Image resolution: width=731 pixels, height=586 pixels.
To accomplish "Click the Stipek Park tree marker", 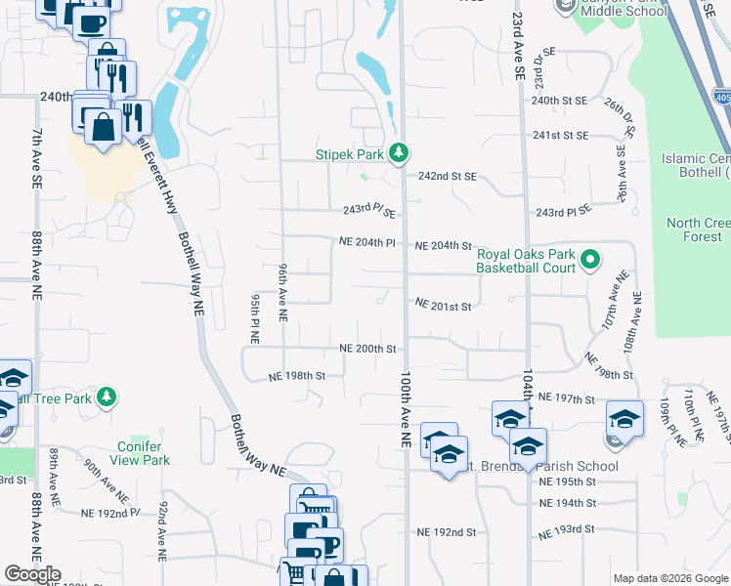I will [398, 152].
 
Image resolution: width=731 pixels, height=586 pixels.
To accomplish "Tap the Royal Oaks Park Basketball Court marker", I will [589, 260].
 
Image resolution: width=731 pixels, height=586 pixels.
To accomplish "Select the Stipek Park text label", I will [350, 153].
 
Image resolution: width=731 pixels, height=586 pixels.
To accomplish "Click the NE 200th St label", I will [367, 349].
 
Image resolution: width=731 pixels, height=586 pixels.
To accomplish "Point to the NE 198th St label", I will [297, 375].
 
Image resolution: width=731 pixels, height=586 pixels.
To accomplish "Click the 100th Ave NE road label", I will [404, 408].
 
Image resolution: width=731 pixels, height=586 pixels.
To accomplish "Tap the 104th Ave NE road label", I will [528, 400].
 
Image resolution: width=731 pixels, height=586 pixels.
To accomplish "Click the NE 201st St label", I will [444, 306].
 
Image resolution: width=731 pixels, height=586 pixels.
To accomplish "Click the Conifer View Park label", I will [142, 453].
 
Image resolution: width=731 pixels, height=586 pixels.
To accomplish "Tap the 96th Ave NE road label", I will [282, 292].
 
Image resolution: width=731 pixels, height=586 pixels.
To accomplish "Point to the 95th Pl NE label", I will [254, 314].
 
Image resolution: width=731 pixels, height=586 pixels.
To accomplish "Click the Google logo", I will [32, 574].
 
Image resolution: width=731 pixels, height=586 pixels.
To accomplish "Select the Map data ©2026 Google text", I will [668, 578].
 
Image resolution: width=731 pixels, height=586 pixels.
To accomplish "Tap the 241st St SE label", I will [560, 136].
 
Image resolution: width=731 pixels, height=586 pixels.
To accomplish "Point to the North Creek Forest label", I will [698, 230].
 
